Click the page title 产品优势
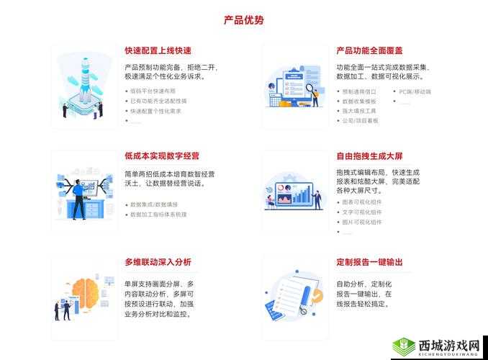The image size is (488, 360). pos(243,20)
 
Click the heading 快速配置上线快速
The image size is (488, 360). pos(158,51)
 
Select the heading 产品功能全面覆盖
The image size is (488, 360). pos(369,51)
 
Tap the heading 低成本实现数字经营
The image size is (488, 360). pos(162,156)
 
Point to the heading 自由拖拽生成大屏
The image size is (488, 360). pos(369,156)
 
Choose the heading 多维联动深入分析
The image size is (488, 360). pos(158,262)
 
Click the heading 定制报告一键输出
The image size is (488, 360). pos(369,262)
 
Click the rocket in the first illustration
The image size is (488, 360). pos(85,79)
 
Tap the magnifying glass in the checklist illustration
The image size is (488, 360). pos(310,91)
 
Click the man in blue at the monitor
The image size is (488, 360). pos(77,194)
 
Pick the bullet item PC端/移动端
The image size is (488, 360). pos(415,92)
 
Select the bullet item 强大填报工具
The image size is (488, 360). pos(359,112)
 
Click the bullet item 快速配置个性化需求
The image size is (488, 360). pos(155,112)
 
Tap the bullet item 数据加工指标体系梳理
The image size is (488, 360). pos(158,215)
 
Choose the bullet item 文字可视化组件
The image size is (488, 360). pos(362,212)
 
